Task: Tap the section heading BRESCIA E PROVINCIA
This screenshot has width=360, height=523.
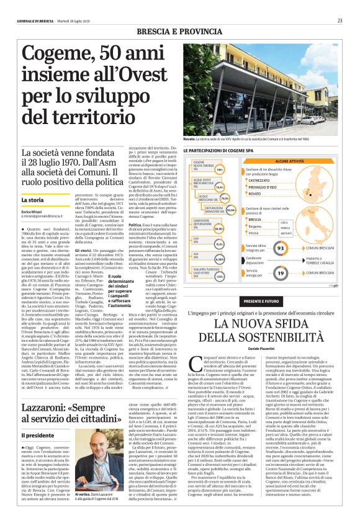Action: coord(180,30)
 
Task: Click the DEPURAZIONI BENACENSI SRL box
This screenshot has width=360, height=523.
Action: coord(220,210)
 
